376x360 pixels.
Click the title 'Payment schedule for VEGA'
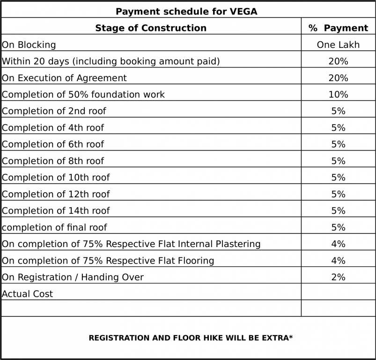186,11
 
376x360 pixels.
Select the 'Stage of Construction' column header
151,28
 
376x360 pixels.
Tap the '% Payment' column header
338,28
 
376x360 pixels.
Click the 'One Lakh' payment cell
338,45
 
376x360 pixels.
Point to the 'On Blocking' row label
29,45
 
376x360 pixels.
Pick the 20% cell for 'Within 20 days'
338,61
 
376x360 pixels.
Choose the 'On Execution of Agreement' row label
64,78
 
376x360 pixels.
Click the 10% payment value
338,95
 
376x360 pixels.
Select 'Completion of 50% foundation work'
83,95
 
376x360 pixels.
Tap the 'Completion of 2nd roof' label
54,111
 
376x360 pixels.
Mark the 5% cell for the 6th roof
338,144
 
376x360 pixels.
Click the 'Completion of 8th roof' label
53,161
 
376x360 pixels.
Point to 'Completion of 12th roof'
56,194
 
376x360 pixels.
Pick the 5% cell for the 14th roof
338,211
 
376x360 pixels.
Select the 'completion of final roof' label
54,227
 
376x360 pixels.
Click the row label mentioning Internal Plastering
131,244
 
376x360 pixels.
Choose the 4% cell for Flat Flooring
338,261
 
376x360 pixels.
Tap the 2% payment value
338,277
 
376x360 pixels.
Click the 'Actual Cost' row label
28,294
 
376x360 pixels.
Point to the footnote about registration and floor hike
191,337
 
